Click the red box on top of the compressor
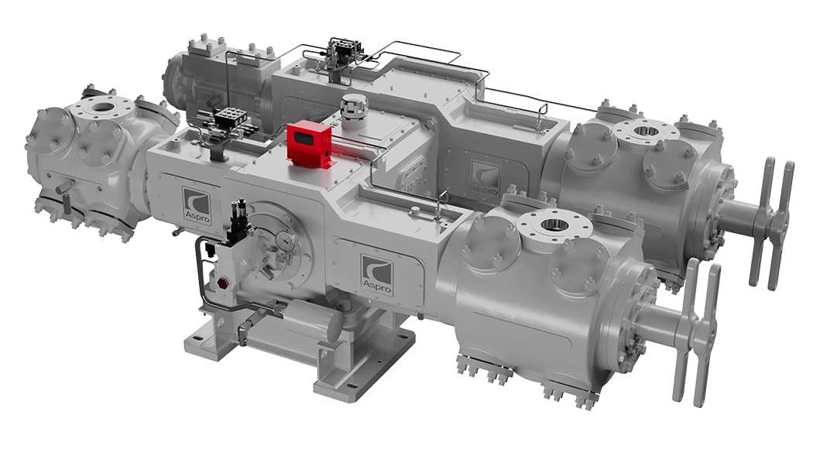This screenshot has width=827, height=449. pyautogui.click(x=309, y=144)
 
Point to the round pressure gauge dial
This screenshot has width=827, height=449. pyautogui.click(x=286, y=240)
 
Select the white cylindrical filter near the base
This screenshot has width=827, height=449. pyautogui.click(x=314, y=319)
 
